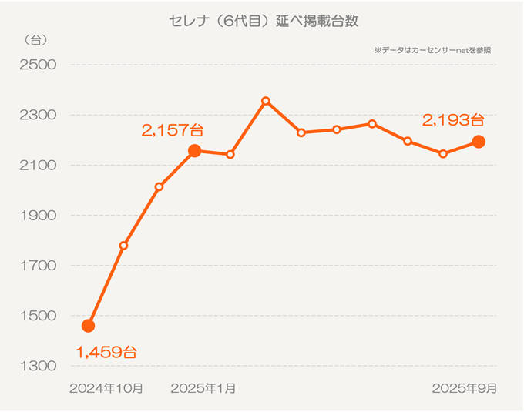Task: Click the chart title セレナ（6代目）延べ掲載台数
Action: click(263, 22)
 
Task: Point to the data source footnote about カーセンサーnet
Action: click(432, 50)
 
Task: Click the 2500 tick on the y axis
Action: click(38, 65)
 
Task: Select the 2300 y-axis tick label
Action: click(38, 115)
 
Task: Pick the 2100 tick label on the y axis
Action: click(38, 165)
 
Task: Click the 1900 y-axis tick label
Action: click(38, 215)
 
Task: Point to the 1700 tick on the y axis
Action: click(38, 265)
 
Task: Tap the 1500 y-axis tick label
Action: click(38, 315)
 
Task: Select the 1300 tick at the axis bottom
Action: click(38, 365)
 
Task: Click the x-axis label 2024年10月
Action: click(106, 388)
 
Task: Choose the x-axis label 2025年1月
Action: click(203, 388)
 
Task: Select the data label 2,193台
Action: click(453, 119)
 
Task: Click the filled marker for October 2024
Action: click(88, 326)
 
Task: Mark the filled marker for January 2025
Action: click(195, 151)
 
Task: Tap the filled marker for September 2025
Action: click(479, 142)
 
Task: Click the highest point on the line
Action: click(266, 101)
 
